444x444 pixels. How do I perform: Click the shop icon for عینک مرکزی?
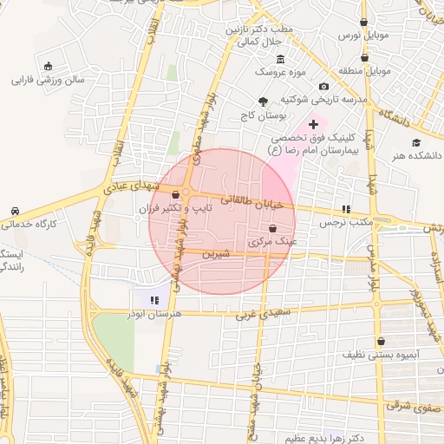pos(273,229)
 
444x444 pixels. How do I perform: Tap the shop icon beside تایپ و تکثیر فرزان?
pos(177,195)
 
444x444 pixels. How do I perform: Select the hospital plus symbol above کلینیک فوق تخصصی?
pos(313,126)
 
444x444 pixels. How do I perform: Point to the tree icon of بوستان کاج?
pos(264,101)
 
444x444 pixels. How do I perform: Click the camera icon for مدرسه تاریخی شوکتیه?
pos(323,86)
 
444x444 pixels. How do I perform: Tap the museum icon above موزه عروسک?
pos(280,59)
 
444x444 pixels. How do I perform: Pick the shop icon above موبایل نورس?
pos(363,22)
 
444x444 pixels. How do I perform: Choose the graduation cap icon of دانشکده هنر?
pos(416,142)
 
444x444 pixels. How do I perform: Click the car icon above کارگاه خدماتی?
pos(16,211)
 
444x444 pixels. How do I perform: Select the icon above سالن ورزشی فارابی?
pos(47,66)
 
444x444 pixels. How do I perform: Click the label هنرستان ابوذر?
pos(153,313)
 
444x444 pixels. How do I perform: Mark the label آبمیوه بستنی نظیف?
pos(381,355)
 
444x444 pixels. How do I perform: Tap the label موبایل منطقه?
pos(365,70)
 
